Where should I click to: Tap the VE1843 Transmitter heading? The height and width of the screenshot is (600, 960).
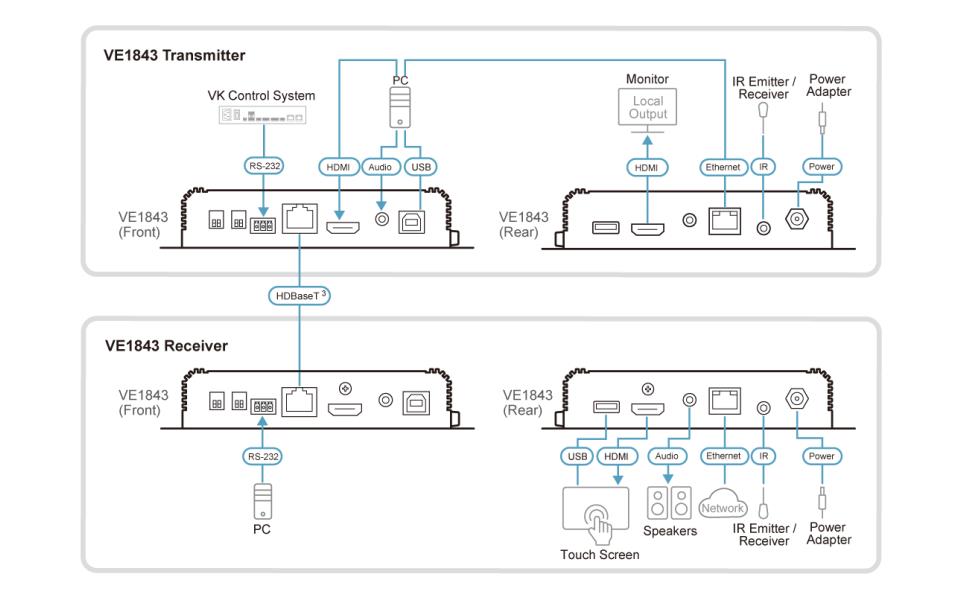point(175,55)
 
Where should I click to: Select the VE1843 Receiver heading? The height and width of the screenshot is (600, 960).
point(167,346)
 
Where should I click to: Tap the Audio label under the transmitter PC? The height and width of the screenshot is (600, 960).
point(381,167)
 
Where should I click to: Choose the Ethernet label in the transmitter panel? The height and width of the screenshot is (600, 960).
point(722,167)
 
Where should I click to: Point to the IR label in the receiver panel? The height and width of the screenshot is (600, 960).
point(764,456)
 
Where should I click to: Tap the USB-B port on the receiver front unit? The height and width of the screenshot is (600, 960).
point(416,401)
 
